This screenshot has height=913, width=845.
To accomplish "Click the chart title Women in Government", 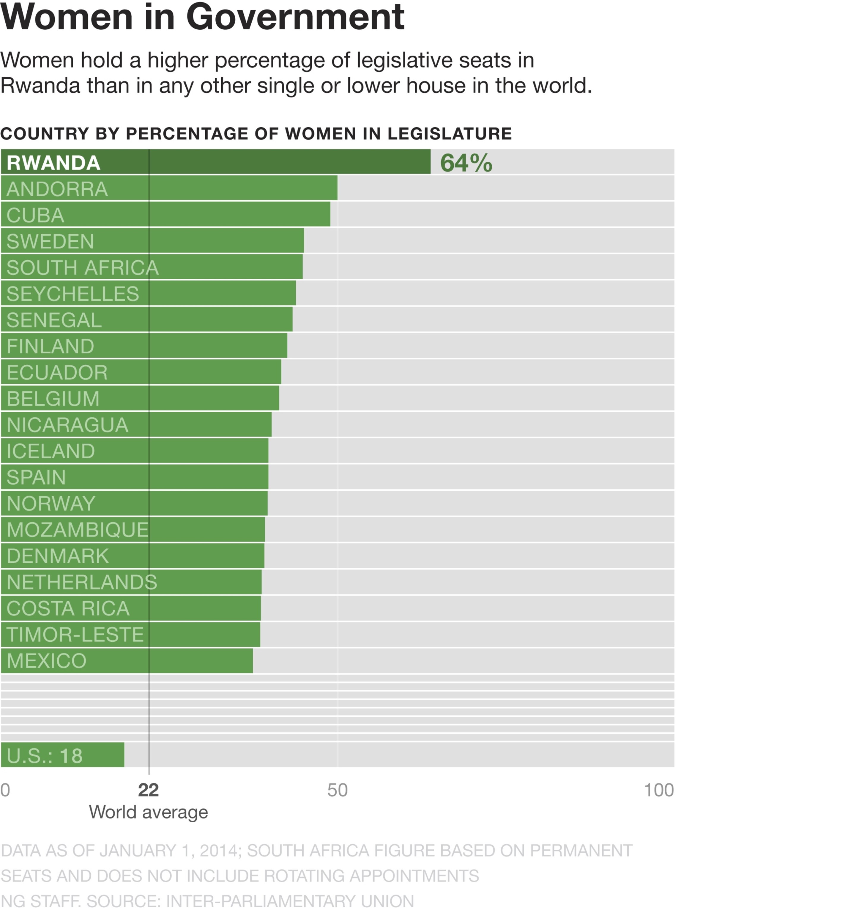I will tap(202, 17).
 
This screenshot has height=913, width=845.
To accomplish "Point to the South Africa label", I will tap(82, 267).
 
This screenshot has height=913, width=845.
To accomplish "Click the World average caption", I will tap(148, 812).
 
